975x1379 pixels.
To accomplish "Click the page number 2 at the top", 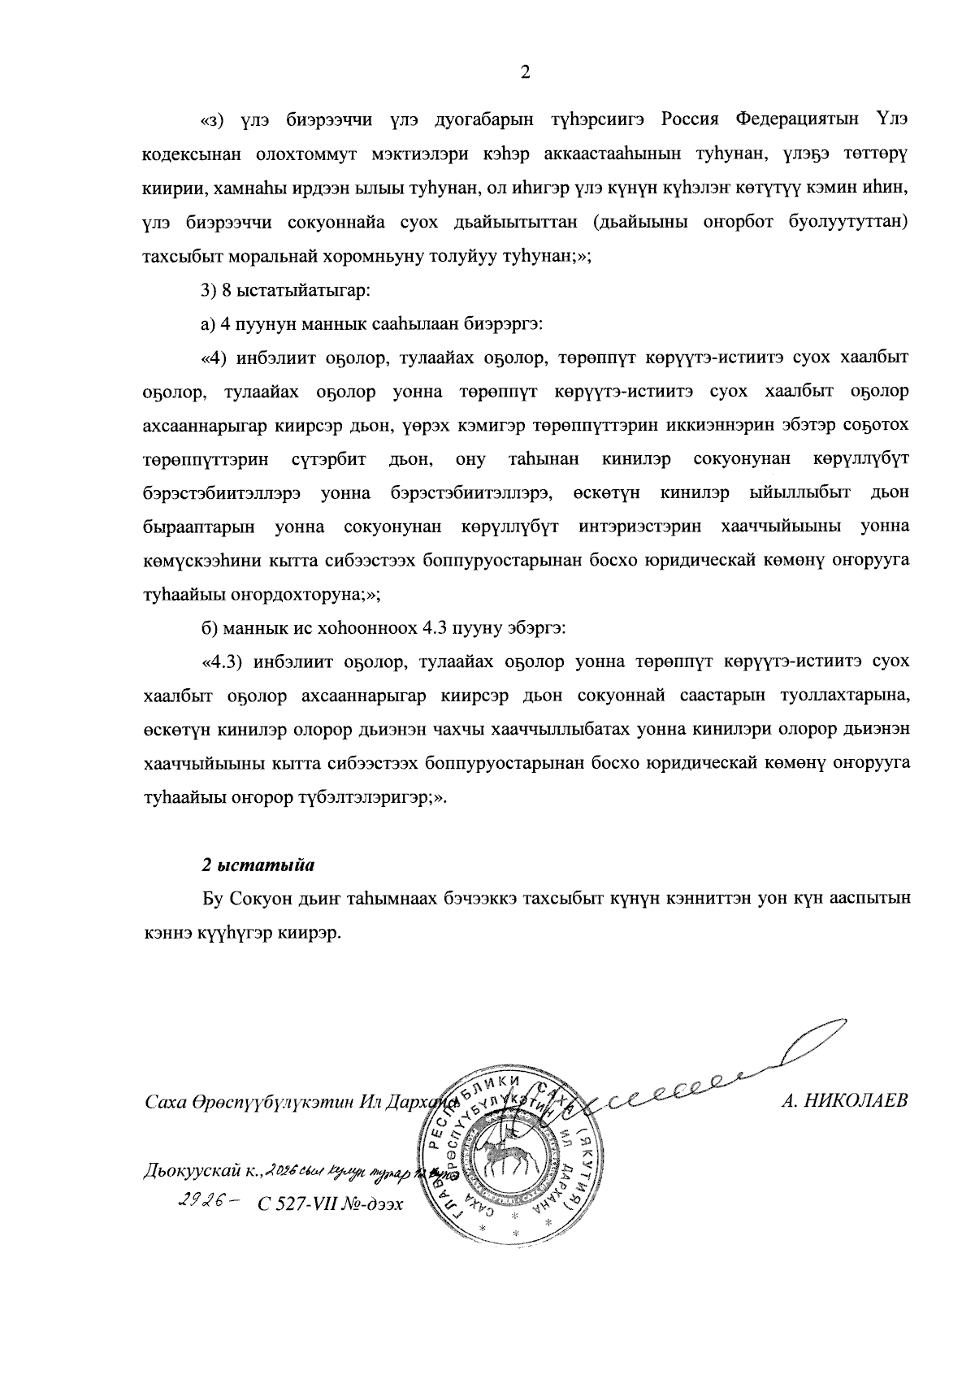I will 524,73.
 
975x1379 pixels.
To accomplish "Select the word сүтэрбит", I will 329,459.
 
